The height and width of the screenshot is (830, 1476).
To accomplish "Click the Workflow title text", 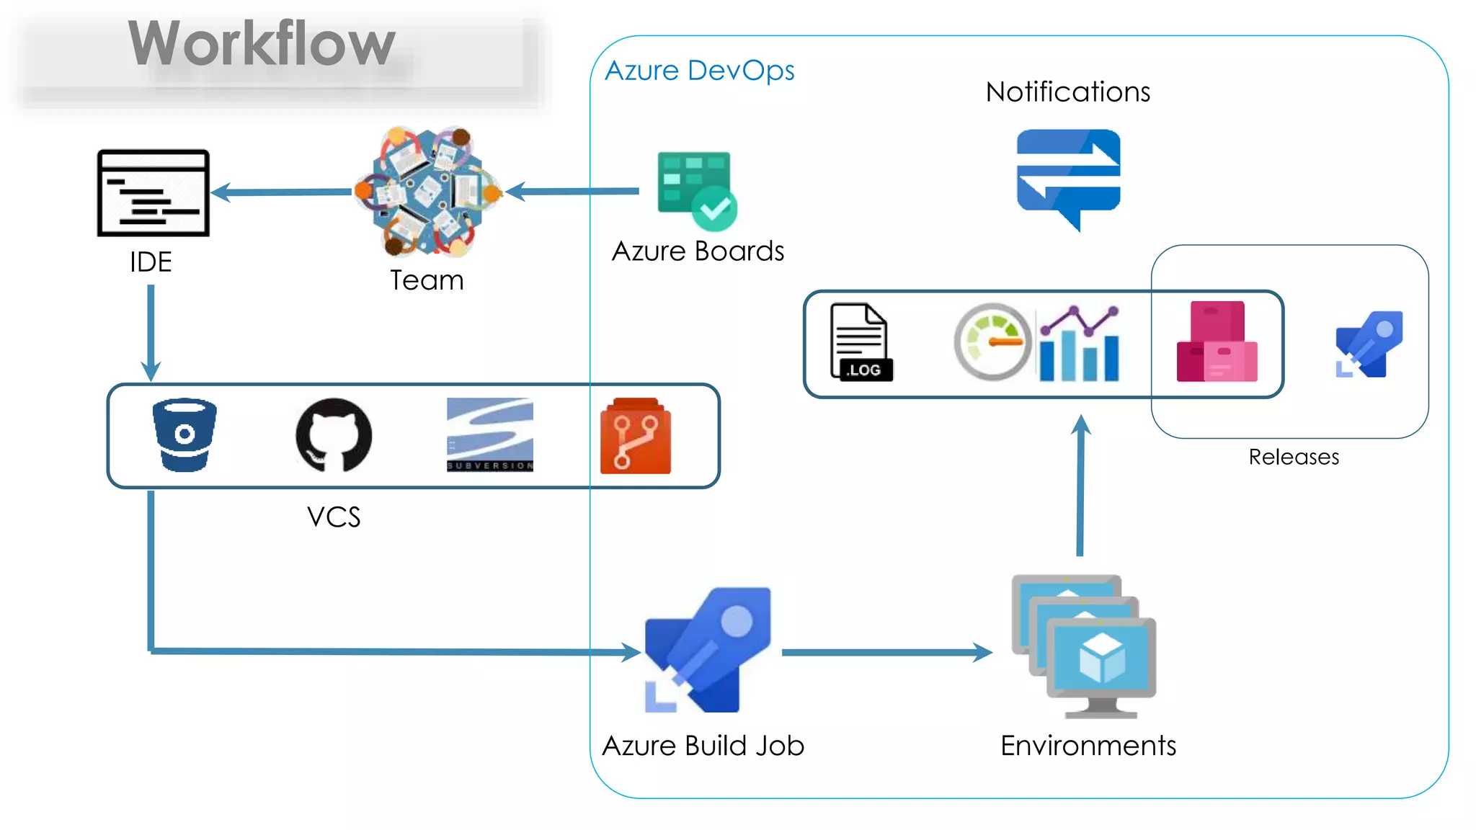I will tap(262, 45).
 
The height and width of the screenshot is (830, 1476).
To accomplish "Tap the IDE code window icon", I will tap(153, 193).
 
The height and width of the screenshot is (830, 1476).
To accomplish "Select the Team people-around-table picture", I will tap(428, 192).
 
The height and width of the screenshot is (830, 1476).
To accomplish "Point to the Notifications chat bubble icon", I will tap(1068, 176).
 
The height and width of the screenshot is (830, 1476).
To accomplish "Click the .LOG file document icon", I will tap(860, 342).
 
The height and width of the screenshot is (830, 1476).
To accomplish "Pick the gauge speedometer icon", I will tap(992, 342).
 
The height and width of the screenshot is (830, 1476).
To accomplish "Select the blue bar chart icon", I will tap(1079, 344).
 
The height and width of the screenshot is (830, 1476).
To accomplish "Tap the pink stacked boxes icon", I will tap(1217, 342).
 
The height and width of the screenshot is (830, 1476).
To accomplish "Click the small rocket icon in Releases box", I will tap(1369, 344).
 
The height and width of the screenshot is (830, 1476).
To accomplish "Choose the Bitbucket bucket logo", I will tap(184, 434).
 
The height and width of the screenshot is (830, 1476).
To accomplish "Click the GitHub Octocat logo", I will tap(334, 434).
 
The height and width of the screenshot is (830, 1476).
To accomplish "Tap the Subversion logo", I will tap(490, 434).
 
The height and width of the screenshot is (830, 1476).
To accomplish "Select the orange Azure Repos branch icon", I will tap(635, 436).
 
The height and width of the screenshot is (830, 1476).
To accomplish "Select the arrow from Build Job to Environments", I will tap(886, 652).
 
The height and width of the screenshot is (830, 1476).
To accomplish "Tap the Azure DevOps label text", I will tap(699, 71).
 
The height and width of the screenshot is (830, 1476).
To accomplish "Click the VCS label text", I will tap(333, 517).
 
